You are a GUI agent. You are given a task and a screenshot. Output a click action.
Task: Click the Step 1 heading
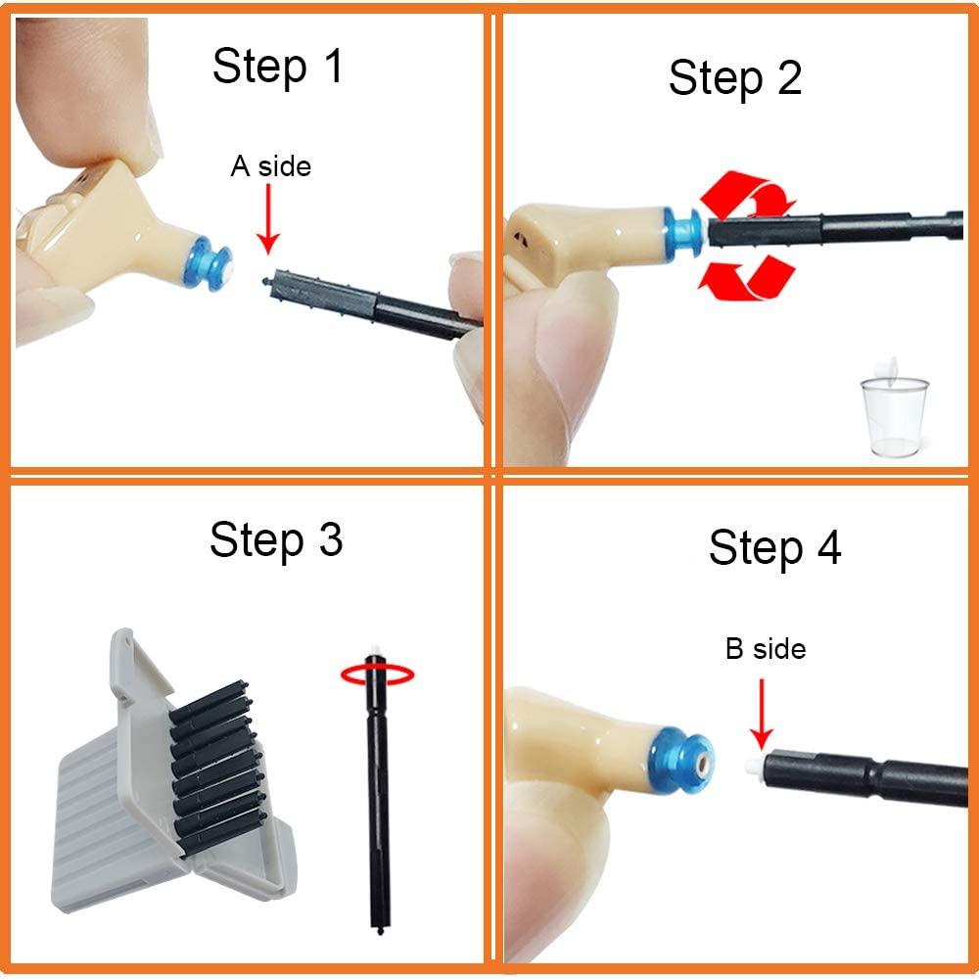(x=277, y=68)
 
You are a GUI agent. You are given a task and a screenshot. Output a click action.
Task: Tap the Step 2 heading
(x=734, y=77)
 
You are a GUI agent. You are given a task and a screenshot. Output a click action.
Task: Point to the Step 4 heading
(x=774, y=548)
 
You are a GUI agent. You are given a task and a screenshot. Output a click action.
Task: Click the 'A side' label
(x=270, y=166)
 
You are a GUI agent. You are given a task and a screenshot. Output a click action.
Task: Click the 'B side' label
(x=765, y=648)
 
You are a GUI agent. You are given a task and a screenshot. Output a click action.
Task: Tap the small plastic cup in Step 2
(x=893, y=416)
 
